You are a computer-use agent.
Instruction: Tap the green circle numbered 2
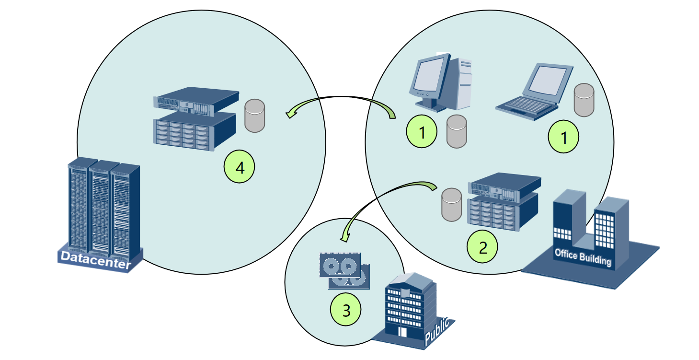[482, 247]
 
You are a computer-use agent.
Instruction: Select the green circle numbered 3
[346, 311]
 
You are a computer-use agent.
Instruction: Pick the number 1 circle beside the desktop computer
[422, 133]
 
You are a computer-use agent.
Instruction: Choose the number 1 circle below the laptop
[563, 138]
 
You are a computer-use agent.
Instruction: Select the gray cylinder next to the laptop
[584, 100]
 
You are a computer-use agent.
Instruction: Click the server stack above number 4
[196, 118]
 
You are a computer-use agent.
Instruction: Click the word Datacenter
[96, 262]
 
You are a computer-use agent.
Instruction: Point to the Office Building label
[583, 257]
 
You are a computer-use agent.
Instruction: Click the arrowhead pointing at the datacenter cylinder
[290, 114]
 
